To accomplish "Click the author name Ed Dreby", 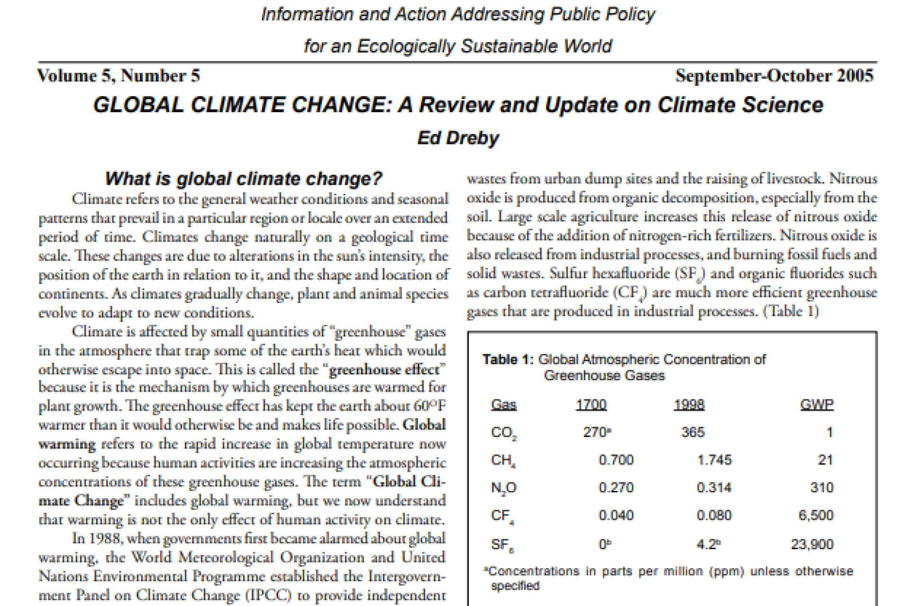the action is coord(458,138).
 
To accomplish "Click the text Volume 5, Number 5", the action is coord(118,76).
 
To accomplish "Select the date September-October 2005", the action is coord(774,76).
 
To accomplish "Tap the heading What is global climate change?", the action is coord(243,179).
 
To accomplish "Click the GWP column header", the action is coord(817,405).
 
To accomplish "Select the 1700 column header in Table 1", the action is coord(591,405).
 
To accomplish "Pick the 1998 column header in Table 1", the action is coord(689,405).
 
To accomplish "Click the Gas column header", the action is coord(504,405).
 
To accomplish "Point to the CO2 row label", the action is coord(504,433).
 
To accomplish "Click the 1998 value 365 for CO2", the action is coord(693,432).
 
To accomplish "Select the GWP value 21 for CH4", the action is coord(825,460).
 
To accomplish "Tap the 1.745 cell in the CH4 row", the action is coord(714,460).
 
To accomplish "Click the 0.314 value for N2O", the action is coord(714,487).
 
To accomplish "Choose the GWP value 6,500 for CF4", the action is coord(816,515).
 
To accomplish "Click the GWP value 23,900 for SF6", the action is coord(812,544).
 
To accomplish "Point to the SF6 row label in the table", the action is coord(503,545).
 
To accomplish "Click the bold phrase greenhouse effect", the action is coord(384,369).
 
